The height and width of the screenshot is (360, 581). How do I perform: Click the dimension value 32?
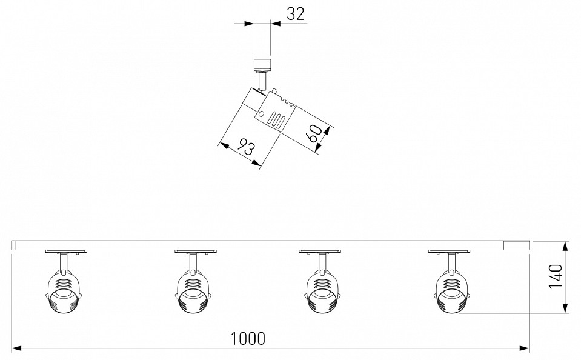296,14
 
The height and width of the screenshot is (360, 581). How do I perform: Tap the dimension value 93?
245,147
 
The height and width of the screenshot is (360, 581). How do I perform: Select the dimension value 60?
314,133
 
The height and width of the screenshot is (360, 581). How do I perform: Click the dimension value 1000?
248,338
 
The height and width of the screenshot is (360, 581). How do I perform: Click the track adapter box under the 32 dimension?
262,65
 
